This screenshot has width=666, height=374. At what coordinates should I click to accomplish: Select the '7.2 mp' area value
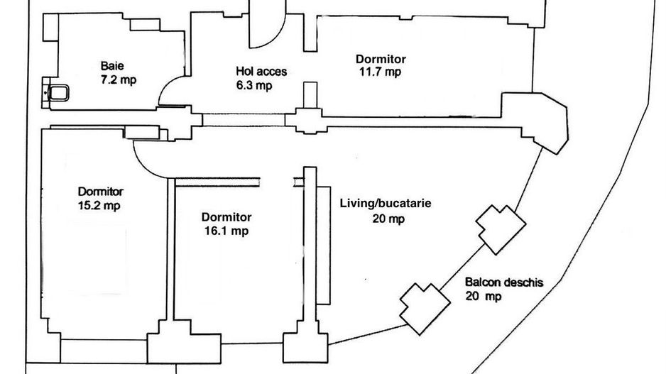pos(119,80)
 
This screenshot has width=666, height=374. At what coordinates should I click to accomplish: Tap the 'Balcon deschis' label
pos(503,282)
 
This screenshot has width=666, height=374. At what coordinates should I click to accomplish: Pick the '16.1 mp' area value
pos(224,231)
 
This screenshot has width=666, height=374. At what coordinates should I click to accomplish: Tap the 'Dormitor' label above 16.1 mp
pos(226,217)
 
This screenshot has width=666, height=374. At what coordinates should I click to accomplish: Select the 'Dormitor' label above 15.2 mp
pos(101,192)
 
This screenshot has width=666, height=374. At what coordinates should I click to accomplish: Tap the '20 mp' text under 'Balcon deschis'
pos(483,296)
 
